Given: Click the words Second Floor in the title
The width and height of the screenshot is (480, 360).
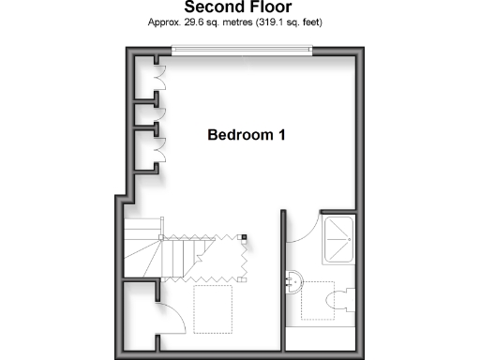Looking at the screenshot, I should (x=239, y=7).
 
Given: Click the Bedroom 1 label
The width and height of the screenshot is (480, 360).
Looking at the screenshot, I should (x=246, y=135).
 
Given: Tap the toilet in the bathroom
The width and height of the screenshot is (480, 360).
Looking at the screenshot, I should (x=341, y=298).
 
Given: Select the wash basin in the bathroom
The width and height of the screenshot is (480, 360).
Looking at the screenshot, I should (x=296, y=278).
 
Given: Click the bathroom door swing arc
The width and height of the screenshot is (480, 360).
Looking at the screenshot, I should (x=302, y=232).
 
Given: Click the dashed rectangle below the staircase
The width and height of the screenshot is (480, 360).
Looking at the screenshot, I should (x=213, y=306).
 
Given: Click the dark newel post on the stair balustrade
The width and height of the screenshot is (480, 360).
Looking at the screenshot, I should (x=244, y=237).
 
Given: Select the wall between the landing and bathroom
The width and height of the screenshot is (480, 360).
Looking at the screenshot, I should (x=281, y=281).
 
